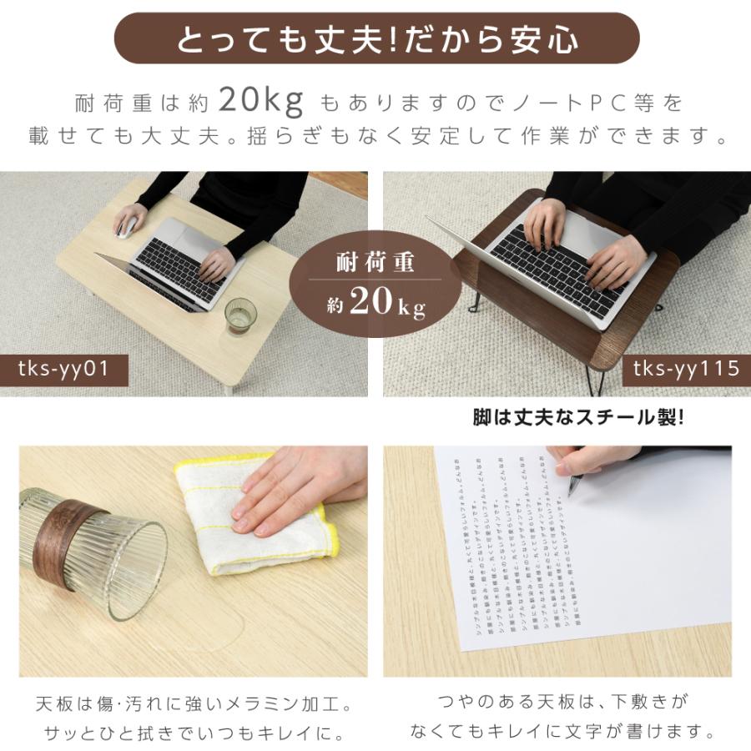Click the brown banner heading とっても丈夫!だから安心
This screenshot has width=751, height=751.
[375, 38]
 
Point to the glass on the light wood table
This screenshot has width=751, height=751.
[240, 315]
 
